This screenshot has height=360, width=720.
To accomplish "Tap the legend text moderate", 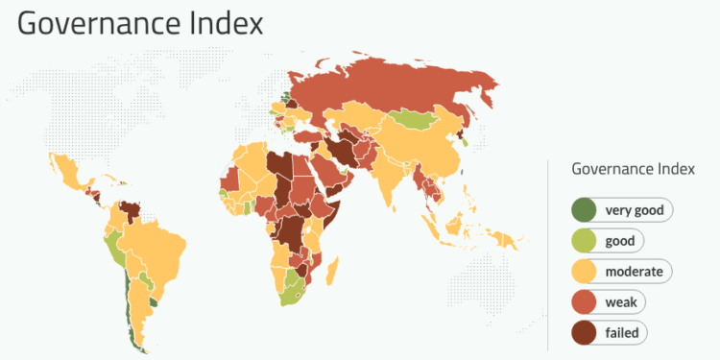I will coord(634,271).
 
